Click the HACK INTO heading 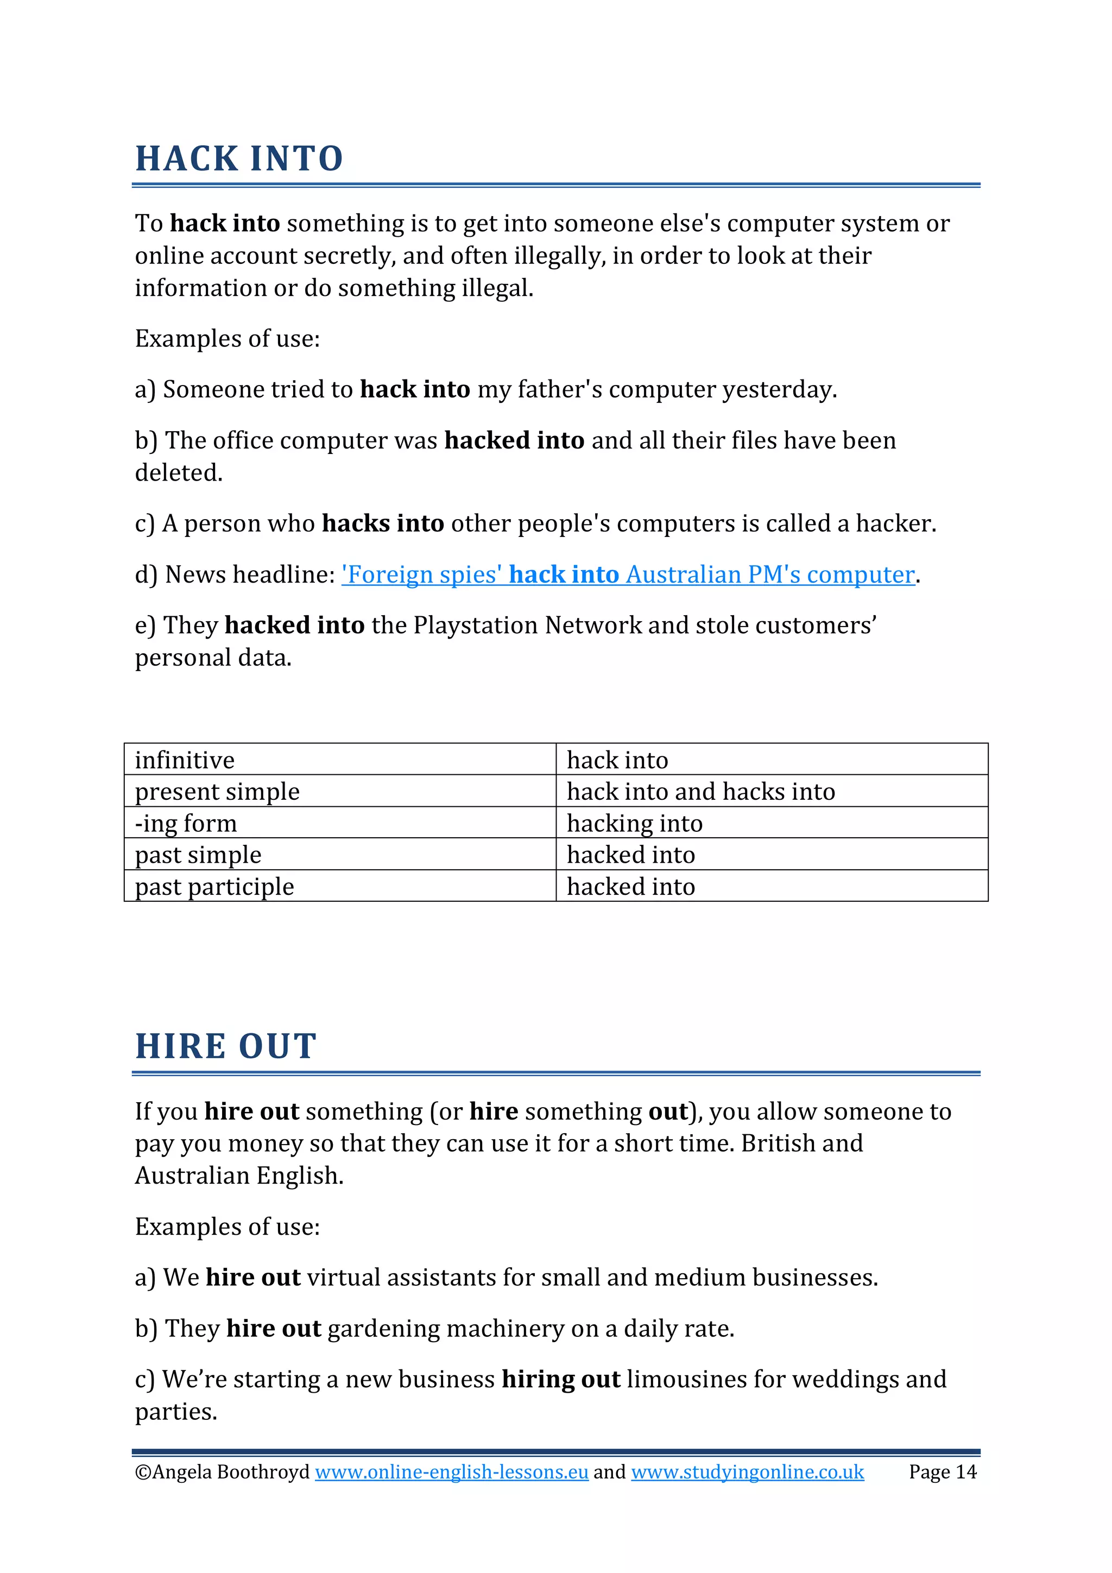238,159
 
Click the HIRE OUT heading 225,1047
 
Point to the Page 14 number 942,1473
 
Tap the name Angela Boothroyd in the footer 231,1473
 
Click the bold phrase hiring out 560,1380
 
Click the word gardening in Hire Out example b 384,1329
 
